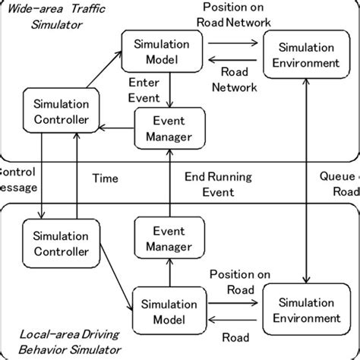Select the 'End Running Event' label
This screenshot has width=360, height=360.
[x=219, y=183]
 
